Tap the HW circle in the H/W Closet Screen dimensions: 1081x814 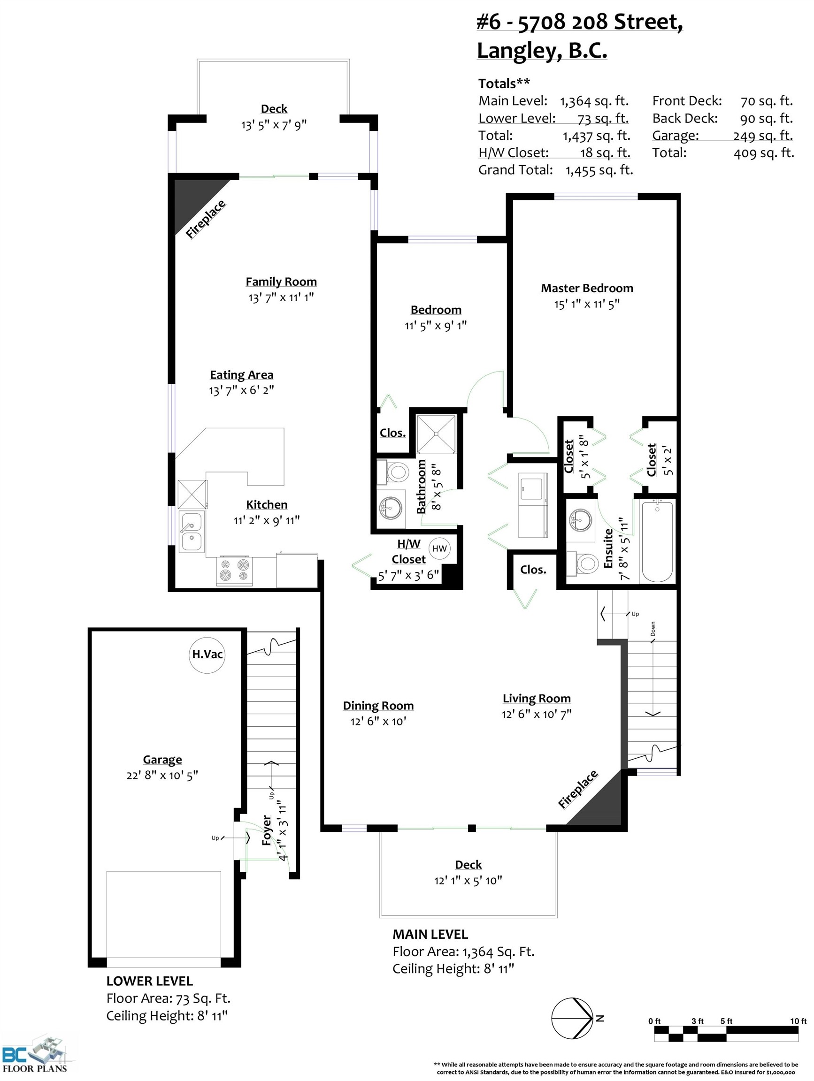[x=439, y=548]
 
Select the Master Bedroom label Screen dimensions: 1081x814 [x=587, y=289]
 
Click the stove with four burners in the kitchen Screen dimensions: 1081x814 [x=235, y=571]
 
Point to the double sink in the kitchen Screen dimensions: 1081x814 [x=191, y=532]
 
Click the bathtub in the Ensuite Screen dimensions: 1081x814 [x=657, y=541]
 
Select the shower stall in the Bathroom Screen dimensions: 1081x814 [x=436, y=434]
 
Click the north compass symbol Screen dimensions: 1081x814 [x=573, y=1019]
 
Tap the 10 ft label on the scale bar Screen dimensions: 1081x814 [x=798, y=1021]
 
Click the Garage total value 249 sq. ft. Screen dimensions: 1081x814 [x=763, y=136]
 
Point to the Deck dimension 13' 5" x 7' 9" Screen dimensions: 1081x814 [x=274, y=125]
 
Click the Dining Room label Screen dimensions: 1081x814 [x=378, y=706]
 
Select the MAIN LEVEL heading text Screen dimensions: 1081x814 [x=430, y=935]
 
